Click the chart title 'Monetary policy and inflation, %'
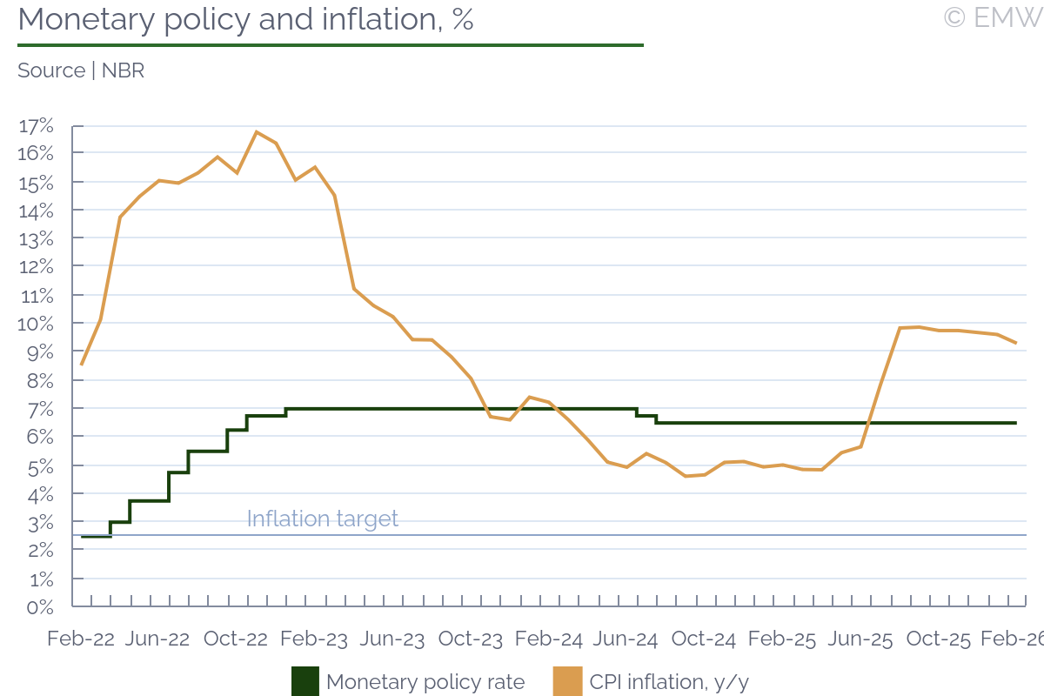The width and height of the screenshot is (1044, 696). [245, 19]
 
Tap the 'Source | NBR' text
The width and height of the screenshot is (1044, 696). [81, 70]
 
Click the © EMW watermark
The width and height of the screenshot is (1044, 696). [992, 17]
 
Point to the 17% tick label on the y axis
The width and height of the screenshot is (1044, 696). [36, 126]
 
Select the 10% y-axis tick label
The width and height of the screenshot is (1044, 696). [36, 324]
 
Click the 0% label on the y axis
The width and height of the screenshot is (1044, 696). [39, 606]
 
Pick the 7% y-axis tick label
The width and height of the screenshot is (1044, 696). [39, 408]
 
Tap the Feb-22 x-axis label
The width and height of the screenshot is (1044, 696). [81, 639]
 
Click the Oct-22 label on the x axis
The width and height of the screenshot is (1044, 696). [236, 639]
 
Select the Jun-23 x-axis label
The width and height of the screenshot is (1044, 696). [392, 639]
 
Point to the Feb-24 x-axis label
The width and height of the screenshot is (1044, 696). [549, 639]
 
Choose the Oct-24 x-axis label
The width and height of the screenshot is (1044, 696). [704, 639]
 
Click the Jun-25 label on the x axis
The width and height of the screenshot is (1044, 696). [860, 639]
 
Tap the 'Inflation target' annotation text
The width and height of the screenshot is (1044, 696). [322, 519]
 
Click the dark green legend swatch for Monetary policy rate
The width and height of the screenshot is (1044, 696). [305, 682]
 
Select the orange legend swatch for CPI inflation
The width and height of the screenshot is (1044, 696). [567, 682]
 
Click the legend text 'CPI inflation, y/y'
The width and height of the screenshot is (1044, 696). [669, 682]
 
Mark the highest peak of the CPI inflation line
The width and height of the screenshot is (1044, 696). [257, 132]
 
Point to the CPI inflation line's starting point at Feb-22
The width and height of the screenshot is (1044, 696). [81, 365]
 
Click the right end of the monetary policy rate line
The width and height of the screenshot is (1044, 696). [1015, 423]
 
